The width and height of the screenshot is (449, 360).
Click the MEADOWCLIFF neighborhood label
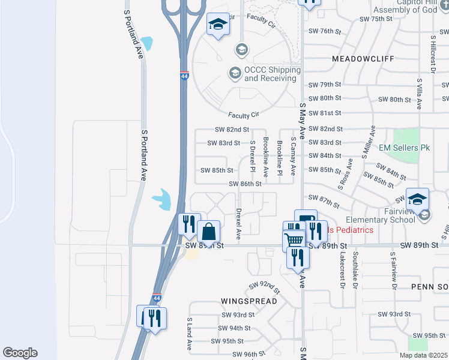(354, 59)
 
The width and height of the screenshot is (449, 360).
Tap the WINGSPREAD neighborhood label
(249, 301)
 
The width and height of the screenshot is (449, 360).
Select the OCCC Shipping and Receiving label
(272, 74)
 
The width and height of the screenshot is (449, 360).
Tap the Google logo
(20, 353)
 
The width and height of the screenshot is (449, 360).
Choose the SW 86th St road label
(245, 184)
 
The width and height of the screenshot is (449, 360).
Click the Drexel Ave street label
(238, 221)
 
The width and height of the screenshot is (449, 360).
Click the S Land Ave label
(188, 334)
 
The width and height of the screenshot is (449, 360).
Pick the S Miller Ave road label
(368, 142)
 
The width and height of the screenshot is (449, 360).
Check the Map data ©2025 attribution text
(423, 355)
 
